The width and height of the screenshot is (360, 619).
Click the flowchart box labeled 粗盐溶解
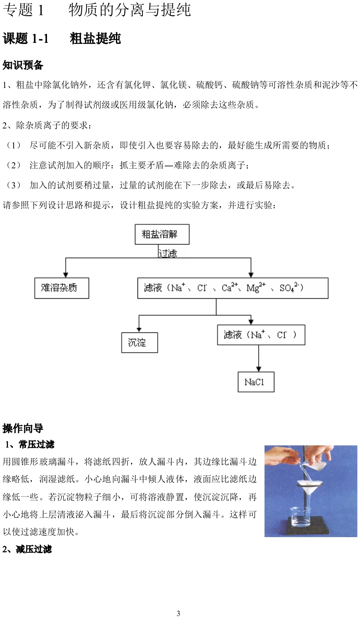pyautogui.click(x=162, y=234)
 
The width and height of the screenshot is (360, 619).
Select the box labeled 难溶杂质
pyautogui.click(x=61, y=288)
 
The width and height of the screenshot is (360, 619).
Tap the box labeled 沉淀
pyautogui.click(x=139, y=343)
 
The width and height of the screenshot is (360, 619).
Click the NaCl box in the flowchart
pyautogui.click(x=256, y=382)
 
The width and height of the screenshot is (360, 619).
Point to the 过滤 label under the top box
pyautogui.click(x=168, y=253)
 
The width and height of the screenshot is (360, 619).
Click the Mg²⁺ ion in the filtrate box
pyautogui.click(x=256, y=288)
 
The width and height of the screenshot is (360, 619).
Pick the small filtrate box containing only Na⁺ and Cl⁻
pyautogui.click(x=261, y=335)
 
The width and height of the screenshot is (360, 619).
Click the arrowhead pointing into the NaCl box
pyautogui.click(x=258, y=369)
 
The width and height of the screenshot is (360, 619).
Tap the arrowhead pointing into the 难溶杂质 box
pyautogui.click(x=66, y=275)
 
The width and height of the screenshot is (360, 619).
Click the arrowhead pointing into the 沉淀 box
pyautogui.click(x=139, y=329)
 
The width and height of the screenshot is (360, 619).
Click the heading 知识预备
pyautogui.click(x=23, y=65)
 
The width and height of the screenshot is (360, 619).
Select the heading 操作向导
pyautogui.click(x=23, y=428)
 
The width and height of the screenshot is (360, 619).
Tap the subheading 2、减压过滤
pyautogui.click(x=27, y=549)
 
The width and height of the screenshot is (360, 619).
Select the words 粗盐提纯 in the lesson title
pyautogui.click(x=95, y=39)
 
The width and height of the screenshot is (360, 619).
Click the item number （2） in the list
pyautogui.click(x=14, y=165)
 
